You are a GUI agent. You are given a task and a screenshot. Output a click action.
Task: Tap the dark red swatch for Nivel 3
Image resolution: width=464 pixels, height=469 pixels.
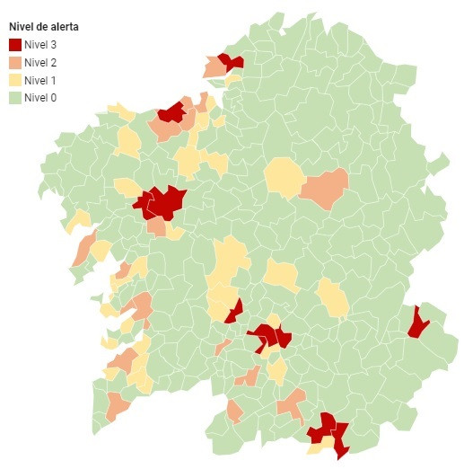[14, 44]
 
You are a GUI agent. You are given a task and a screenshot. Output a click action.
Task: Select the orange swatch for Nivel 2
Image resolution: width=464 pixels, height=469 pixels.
[14, 62]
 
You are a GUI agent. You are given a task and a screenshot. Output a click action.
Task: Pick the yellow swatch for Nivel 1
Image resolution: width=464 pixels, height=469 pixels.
[14, 80]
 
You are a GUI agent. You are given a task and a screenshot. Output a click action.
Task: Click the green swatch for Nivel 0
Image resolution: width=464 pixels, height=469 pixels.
[14, 97]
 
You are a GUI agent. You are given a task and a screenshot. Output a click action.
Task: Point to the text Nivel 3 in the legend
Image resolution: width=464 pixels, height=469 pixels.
[40, 44]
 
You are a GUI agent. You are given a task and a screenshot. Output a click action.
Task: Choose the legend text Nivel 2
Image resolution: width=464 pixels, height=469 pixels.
[40, 62]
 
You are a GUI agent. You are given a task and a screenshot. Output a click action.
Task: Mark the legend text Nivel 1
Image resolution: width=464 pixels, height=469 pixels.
[40, 80]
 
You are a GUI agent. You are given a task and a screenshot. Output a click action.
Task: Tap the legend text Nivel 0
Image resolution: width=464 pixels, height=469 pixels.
[40, 97]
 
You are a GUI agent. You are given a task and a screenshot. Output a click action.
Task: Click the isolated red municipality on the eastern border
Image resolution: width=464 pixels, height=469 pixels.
[417, 323]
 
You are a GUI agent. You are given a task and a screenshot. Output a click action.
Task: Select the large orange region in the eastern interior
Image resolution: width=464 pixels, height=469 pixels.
[324, 188]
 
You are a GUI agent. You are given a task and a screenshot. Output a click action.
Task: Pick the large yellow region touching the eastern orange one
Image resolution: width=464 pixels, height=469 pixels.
[284, 177]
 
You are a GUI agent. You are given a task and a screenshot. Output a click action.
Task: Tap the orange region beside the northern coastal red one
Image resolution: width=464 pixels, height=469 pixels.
[214, 68]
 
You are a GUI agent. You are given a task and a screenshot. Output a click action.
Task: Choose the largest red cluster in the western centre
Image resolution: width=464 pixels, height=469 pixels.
[162, 202]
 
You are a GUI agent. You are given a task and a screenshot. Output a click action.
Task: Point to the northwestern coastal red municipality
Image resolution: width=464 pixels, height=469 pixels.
[171, 112]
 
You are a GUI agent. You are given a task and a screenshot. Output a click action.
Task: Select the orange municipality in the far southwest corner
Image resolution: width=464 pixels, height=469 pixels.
[117, 406]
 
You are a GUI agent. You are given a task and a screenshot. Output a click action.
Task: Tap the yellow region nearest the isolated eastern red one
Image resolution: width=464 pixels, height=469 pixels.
[333, 297]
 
